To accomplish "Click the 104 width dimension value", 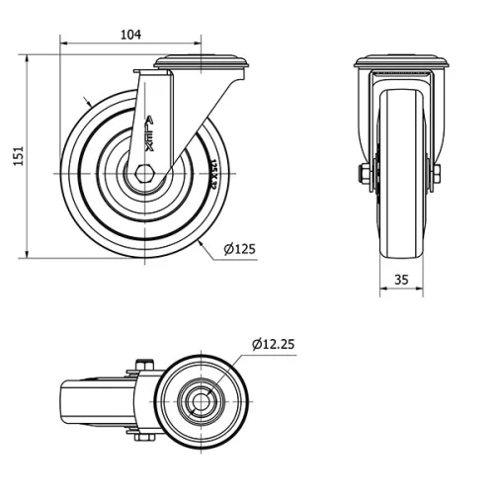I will point(129,34).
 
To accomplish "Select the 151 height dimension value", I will point(17,157).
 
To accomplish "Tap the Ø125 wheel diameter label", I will point(239,249).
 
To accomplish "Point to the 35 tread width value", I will point(401,280).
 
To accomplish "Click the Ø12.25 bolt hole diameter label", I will point(274,344).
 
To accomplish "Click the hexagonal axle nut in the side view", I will point(145,173).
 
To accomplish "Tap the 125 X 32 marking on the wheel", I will point(213,174).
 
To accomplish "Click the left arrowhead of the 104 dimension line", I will point(64,42).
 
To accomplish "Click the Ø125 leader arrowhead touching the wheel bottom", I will point(200,241).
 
